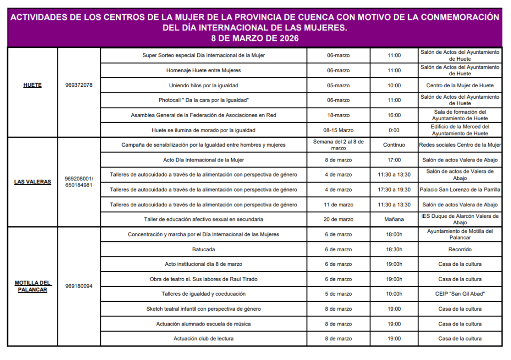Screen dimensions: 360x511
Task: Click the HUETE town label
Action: [32, 85]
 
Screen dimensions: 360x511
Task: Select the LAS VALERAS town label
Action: [32, 182]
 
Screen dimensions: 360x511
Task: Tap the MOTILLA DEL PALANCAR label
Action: [33, 286]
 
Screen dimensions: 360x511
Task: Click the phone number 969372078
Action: [79, 85]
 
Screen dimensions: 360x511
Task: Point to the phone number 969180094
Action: [79, 286]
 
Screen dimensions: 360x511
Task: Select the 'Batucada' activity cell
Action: [204, 249]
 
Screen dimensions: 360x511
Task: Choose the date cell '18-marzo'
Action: [338, 115]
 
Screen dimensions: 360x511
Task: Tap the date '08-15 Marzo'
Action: [338, 130]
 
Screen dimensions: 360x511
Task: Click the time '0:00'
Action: [394, 130]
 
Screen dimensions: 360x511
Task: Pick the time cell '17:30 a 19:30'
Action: [394, 189]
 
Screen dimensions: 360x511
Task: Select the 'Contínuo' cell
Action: [394, 145]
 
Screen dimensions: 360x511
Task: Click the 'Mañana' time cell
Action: [394, 219]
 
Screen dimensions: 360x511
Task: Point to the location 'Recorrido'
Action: [460, 249]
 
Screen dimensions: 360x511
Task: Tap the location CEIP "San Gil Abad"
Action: [460, 294]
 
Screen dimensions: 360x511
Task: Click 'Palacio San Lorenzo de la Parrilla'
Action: [460, 189]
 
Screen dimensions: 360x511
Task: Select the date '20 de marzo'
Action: [338, 219]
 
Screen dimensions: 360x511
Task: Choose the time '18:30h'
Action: [394, 249]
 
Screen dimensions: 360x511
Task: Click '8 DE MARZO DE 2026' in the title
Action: [255, 38]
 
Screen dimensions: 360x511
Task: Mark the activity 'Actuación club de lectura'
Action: [204, 339]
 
